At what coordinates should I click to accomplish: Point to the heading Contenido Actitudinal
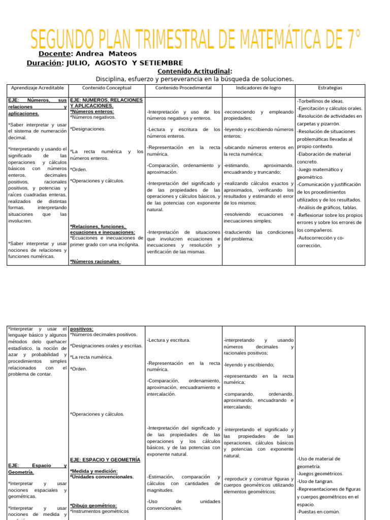[195, 71]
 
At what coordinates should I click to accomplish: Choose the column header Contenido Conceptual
[107, 88]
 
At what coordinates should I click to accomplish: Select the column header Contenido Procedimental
[183, 88]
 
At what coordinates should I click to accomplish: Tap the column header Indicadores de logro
[258, 88]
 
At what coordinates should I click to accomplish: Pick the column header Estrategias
[330, 88]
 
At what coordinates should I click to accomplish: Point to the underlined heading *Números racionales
[95, 262]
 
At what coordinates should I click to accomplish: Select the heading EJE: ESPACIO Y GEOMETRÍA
[105, 459]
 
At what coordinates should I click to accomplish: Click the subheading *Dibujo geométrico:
[93, 505]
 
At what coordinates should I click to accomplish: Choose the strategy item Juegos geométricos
[320, 473]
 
